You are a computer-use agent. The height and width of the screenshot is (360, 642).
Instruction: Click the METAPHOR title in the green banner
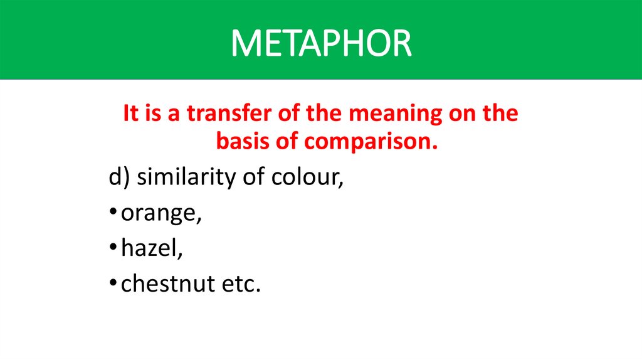[x=321, y=43]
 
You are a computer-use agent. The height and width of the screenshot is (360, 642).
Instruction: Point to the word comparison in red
[x=369, y=142]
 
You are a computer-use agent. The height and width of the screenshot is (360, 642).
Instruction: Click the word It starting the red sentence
[x=130, y=115]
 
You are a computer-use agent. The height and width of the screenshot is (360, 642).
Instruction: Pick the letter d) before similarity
[x=118, y=177]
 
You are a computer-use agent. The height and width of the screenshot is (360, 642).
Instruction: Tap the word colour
[x=307, y=177]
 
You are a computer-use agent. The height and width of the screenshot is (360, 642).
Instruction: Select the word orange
[x=161, y=214]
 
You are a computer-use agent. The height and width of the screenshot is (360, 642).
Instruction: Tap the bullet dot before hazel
[x=112, y=249]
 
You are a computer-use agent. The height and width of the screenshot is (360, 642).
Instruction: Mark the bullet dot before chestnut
[x=112, y=284]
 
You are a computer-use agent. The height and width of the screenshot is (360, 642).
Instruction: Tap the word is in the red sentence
[x=154, y=115]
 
